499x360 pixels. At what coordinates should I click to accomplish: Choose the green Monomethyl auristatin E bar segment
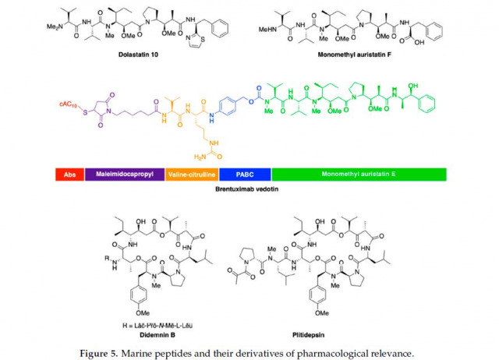pos(358,175)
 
